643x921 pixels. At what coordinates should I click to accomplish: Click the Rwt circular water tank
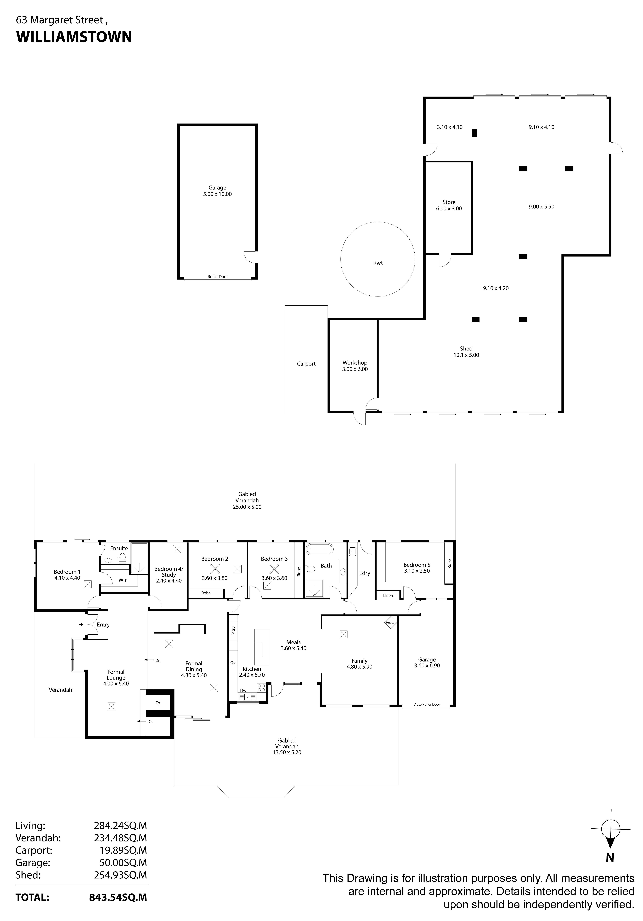(377, 259)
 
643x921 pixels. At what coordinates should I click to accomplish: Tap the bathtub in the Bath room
(319, 549)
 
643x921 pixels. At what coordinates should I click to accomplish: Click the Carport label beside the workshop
(306, 364)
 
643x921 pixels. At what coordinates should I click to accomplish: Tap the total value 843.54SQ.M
(118, 897)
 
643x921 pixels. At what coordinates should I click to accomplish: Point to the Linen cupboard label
(388, 596)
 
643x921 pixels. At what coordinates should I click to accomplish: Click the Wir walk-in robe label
(122, 580)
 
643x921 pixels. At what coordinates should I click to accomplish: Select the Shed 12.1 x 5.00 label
(466, 352)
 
